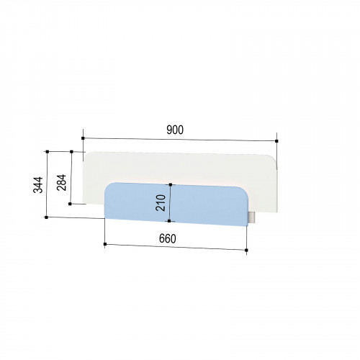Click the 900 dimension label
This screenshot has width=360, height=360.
pos(175,130)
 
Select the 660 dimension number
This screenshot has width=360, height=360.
pos(168,239)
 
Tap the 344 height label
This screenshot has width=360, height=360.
pos(38,185)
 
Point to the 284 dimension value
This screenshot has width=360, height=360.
pos(62,182)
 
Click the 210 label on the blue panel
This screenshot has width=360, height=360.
pos(161,203)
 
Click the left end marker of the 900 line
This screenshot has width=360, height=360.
pos(83,138)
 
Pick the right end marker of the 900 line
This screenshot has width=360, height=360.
pos(276,141)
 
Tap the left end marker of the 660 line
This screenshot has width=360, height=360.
pos(105,244)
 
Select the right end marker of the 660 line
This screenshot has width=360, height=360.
pos(246,251)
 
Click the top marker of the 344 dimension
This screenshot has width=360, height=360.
pos(48,152)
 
